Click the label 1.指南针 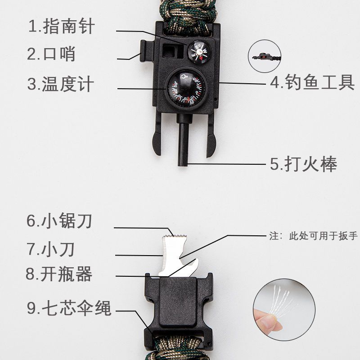tap(61, 26)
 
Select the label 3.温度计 tap(61, 84)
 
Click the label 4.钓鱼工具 tap(312, 82)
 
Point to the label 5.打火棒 tap(303, 164)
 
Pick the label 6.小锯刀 tap(59, 220)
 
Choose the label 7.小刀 tap(51, 249)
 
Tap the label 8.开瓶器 tap(59, 274)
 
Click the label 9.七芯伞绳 tap(69, 308)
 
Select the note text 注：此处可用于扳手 tap(314, 236)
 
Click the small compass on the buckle tap(199, 52)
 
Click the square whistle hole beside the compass tap(171, 50)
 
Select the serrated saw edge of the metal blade tap(175, 236)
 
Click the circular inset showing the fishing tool tap(265, 56)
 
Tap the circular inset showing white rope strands tap(284, 310)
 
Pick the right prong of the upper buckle tap(211, 136)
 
